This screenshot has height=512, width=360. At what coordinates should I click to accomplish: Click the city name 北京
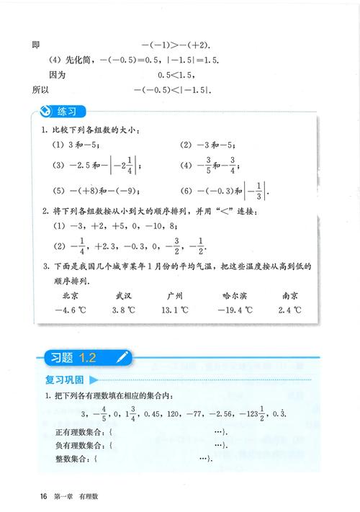[71, 295]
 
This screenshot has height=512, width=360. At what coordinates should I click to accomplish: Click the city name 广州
[174, 295]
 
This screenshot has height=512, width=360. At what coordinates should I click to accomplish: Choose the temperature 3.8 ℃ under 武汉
[124, 311]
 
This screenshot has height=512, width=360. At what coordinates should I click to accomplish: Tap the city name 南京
[291, 295]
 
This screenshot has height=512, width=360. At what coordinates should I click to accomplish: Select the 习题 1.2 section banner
[79, 356]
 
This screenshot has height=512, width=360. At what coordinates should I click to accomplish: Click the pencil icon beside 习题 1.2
[123, 356]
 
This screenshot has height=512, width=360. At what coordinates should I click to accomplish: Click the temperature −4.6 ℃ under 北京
[71, 311]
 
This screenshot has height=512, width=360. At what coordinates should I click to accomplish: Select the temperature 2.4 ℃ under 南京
[291, 311]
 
